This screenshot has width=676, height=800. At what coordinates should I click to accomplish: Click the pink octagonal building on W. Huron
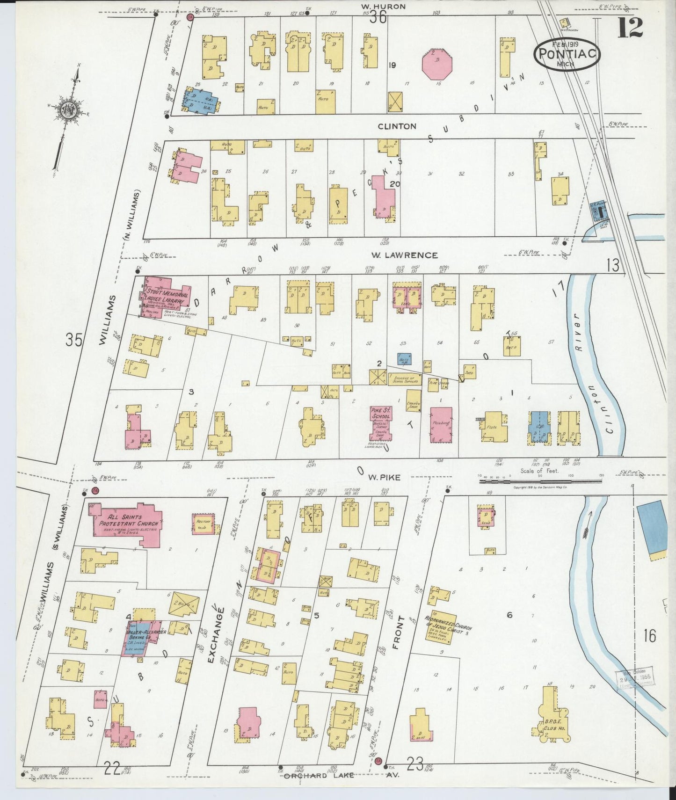(438, 65)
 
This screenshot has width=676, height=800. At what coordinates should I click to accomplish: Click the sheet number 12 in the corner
(630, 28)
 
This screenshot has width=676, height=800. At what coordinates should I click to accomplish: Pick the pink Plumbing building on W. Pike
(441, 425)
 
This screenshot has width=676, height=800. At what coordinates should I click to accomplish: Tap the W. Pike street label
(378, 478)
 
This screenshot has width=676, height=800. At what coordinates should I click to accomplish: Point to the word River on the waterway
(579, 323)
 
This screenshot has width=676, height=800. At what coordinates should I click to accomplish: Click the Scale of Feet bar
(539, 480)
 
